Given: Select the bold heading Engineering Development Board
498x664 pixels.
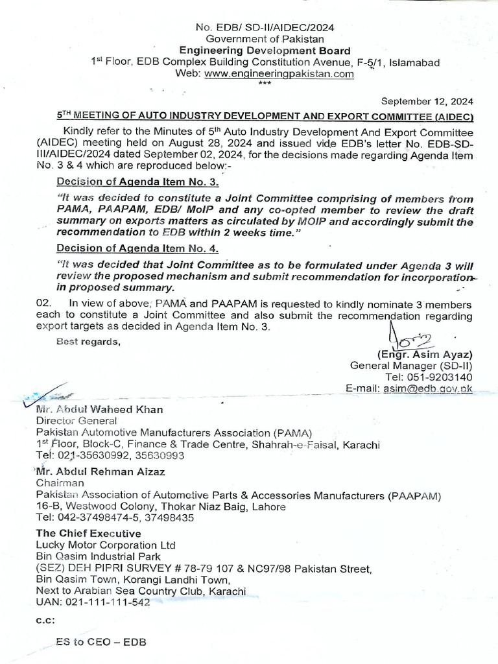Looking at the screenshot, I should click(x=265, y=51).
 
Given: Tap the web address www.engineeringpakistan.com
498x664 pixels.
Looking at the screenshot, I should click(x=279, y=74).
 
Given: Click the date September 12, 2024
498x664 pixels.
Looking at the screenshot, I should click(x=427, y=101).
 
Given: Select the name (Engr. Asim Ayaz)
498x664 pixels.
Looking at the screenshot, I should click(x=425, y=355).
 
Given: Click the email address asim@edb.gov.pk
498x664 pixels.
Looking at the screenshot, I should click(x=429, y=388).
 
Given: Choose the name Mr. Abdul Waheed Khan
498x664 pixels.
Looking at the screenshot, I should click(x=99, y=409).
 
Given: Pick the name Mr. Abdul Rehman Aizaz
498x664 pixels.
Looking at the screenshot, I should click(x=101, y=471).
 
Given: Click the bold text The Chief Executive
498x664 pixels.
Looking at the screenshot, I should click(x=88, y=533).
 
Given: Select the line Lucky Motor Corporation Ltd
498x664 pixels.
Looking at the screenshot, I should click(x=106, y=545).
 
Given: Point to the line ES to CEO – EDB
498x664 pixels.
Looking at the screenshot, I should click(x=101, y=642).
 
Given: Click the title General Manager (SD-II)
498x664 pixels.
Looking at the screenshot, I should click(x=411, y=366).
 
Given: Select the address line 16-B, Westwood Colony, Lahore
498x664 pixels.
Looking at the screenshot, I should click(x=153, y=506).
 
